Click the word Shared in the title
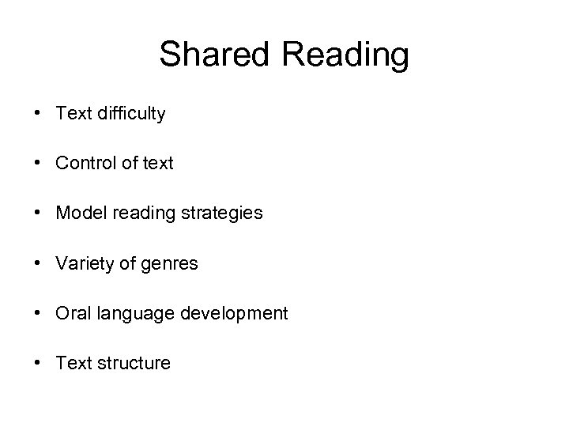(208, 55)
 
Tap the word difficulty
(129, 114)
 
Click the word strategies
(223, 213)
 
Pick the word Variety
(85, 263)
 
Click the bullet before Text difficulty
(39, 114)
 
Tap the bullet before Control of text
(39, 164)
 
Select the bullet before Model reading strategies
(39, 213)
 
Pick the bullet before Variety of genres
(39, 263)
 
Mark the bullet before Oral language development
(39, 313)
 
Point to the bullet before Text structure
(39, 363)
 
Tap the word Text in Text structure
(72, 363)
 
